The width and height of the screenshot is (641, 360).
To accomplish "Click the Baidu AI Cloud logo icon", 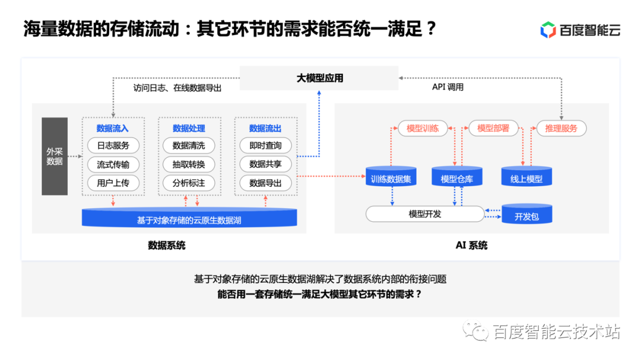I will (x=548, y=29).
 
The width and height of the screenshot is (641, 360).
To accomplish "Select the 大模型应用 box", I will (x=319, y=78).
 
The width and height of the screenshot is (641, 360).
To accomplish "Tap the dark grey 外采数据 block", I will (x=55, y=156).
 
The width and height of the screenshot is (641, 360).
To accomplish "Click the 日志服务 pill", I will (x=113, y=145).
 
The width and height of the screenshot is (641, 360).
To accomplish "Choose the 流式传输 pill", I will (x=113, y=164).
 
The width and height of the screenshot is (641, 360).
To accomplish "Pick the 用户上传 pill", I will (x=113, y=183).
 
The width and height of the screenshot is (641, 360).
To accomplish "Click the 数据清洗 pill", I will (x=189, y=145).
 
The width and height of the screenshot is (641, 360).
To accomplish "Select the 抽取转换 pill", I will (x=189, y=164).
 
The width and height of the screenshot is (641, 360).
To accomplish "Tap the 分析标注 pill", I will (x=189, y=183).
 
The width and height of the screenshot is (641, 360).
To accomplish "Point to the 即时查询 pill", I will (x=265, y=145).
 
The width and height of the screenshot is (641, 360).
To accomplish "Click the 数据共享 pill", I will (x=265, y=164).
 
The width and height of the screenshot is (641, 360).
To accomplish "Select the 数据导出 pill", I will (x=265, y=183).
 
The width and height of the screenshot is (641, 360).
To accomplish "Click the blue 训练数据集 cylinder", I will (x=391, y=177).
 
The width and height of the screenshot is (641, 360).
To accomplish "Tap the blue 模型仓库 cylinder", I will (x=457, y=177).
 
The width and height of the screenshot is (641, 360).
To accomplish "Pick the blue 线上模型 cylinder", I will (x=526, y=177).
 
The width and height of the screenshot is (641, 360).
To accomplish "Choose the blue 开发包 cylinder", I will (x=526, y=215).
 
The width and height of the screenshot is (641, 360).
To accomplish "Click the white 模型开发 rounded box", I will (x=425, y=214).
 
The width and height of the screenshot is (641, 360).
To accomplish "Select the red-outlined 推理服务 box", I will (x=561, y=128).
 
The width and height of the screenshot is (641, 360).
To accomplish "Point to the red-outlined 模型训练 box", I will (x=423, y=128).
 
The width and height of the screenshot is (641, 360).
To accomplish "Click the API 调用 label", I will (x=448, y=87).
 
